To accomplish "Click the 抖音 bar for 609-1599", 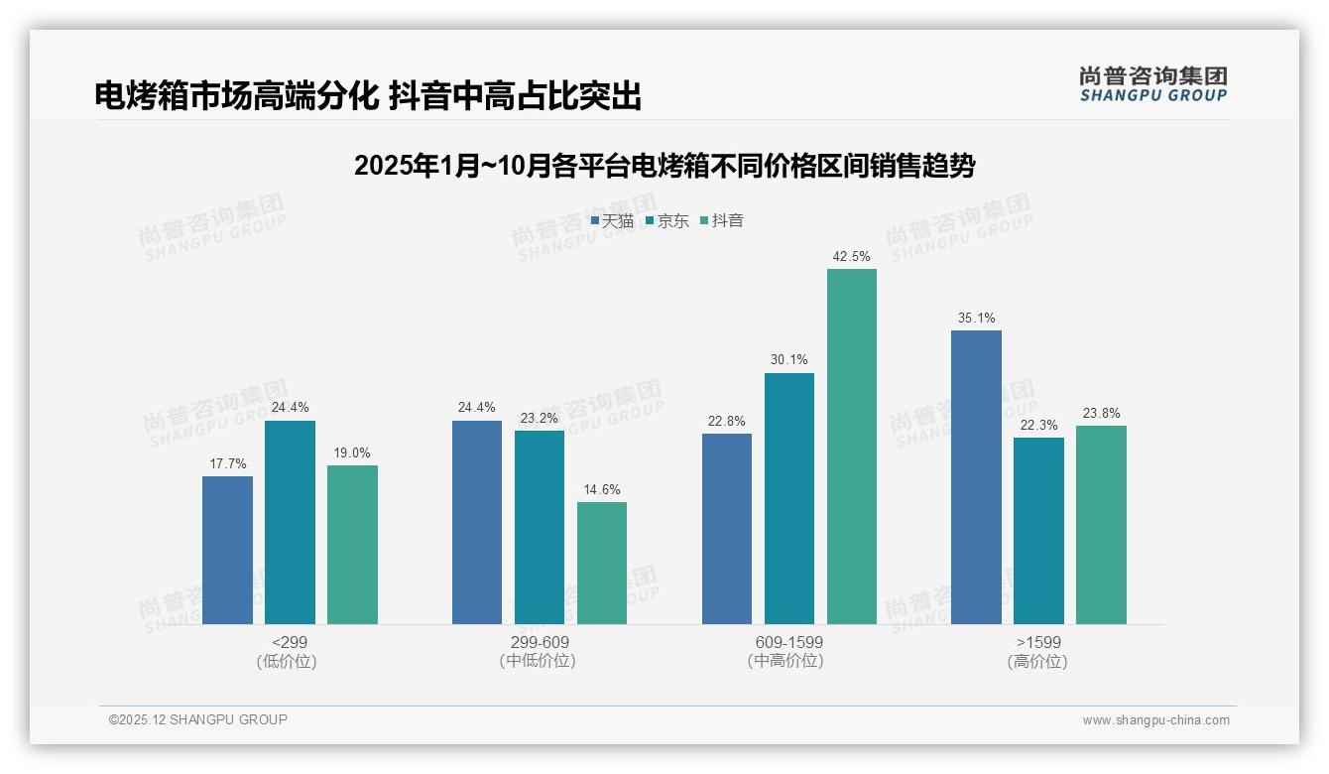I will point(851,447).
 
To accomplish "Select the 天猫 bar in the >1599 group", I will point(976,477).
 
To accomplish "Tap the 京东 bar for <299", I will point(290,522).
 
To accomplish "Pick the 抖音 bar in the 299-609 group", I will point(602,563).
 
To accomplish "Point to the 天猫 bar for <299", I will point(227,550).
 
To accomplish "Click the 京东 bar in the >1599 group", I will point(1038,531).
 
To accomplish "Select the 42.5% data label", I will point(851,256).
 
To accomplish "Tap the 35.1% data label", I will point(976,319).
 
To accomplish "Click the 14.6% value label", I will point(602,489).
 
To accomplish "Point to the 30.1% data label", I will point(788,360).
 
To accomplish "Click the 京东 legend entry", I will point(666,221).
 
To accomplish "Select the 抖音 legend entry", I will point(722,221).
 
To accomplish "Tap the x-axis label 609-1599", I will point(788,642).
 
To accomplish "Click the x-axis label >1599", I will point(1038,642).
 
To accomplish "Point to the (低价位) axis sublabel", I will point(289,661).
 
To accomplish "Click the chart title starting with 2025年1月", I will point(664,166).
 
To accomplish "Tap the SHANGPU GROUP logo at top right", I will point(1152,84).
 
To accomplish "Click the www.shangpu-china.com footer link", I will point(1155,720).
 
